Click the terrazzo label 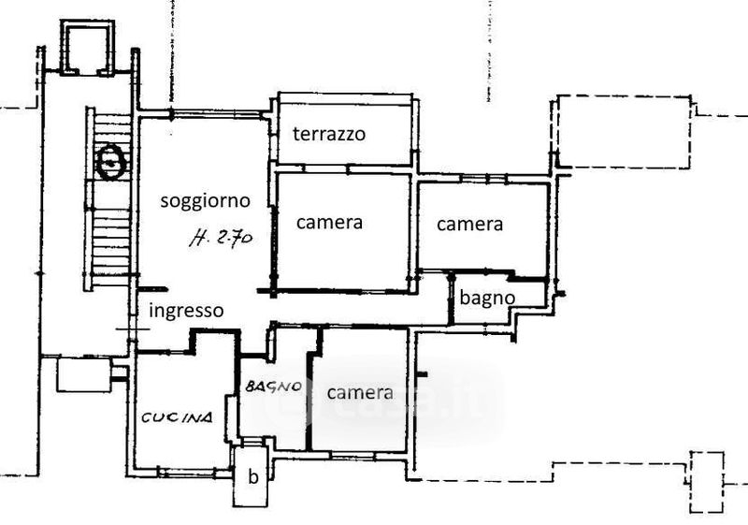point(328,134)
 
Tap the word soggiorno point(205,199)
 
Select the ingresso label point(187,311)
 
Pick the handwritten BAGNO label point(273,386)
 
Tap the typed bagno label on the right point(488,297)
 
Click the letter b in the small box point(252,475)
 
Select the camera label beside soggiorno point(329,223)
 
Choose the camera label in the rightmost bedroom point(469,224)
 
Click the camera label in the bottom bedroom point(360,392)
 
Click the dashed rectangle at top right point(623,131)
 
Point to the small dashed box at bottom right point(707,481)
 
